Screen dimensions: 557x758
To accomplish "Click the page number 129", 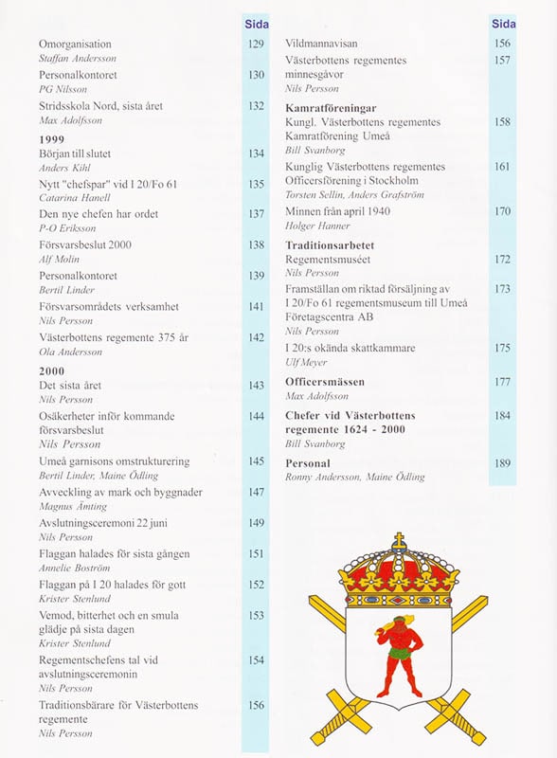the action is [256, 45].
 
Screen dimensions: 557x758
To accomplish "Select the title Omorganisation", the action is [75, 45].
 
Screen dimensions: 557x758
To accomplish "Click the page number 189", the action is [502, 463].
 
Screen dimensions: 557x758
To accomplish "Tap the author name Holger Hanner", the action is [317, 226].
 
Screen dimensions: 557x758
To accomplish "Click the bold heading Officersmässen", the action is [325, 382].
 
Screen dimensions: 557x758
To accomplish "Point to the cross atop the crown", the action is [398, 541].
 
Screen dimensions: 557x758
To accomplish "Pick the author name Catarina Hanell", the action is [74, 198].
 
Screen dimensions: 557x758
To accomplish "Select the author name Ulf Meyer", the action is [308, 362].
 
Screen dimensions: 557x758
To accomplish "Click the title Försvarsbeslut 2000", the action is [84, 245].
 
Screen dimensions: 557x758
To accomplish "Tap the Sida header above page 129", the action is [256, 23].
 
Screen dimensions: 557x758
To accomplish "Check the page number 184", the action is [502, 416].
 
